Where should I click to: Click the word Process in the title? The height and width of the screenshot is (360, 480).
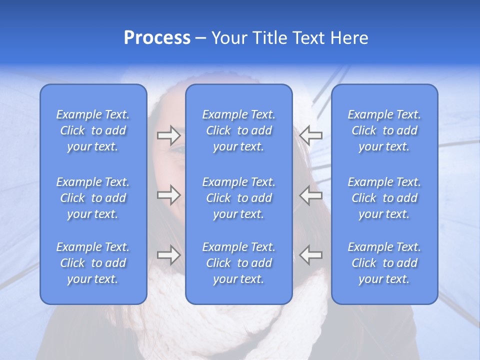click(x=157, y=38)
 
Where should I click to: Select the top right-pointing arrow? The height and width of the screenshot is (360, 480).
click(x=169, y=135)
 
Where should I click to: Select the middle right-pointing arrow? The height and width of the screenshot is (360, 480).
click(x=169, y=194)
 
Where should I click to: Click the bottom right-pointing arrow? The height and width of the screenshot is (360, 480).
click(x=169, y=255)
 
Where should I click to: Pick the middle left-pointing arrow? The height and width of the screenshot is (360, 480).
click(x=310, y=194)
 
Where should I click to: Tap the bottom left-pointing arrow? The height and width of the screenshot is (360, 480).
click(x=310, y=255)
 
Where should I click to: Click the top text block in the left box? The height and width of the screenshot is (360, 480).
click(x=93, y=130)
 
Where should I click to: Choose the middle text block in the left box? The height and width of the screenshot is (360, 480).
click(x=93, y=198)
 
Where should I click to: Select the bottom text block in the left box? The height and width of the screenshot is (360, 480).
click(x=93, y=263)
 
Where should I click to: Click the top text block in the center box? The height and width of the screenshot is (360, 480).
click(x=238, y=130)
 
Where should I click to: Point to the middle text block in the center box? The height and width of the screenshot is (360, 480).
click(x=238, y=198)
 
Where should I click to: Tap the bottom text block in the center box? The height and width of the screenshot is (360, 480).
click(x=238, y=263)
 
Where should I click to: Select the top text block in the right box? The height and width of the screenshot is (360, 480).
click(x=384, y=130)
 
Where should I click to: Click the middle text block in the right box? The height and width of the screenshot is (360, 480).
click(x=384, y=198)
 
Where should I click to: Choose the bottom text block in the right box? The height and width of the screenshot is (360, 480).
click(x=384, y=263)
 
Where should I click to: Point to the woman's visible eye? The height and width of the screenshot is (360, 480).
click(x=178, y=148)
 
